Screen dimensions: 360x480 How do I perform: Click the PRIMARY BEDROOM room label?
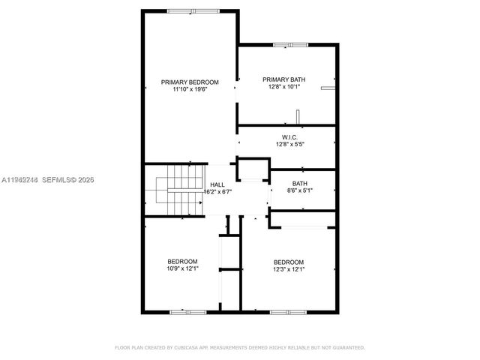[190, 82]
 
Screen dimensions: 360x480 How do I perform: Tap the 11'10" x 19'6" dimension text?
[190, 90]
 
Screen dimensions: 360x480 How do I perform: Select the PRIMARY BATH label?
[282, 79]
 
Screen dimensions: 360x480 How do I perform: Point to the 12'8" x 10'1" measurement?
[282, 87]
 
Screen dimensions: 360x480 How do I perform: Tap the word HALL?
[217, 184]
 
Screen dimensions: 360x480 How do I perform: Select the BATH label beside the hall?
[300, 183]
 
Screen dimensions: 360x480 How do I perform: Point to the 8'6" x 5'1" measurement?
[300, 191]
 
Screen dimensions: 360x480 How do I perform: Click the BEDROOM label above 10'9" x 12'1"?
[182, 261]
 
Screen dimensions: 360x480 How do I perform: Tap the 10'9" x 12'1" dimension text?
[182, 269]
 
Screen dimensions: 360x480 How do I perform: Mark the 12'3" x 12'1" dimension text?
[289, 269]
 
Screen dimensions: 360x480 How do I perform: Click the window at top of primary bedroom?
[189, 11]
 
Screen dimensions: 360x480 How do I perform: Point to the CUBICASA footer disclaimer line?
[239, 347]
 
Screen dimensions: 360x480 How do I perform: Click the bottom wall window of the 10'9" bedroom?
[187, 311]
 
